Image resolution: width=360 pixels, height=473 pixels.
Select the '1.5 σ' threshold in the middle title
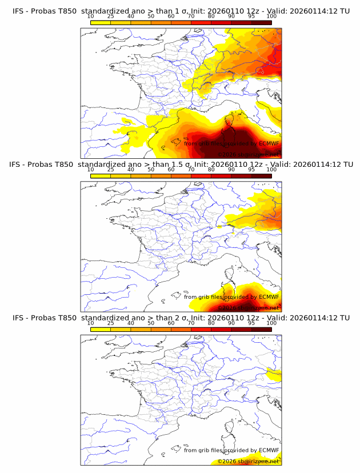tap(185, 165)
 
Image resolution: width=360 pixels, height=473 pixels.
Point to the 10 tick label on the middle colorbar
tap(90, 170)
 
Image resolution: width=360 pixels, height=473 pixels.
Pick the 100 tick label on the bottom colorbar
tap(271, 323)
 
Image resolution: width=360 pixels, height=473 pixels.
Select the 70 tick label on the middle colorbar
tap(191, 170)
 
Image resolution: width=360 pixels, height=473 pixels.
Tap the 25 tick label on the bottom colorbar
tap(110, 323)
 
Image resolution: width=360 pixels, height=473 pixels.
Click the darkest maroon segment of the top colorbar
tap(261, 23)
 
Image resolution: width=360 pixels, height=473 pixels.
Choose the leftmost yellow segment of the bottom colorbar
tap(100, 329)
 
